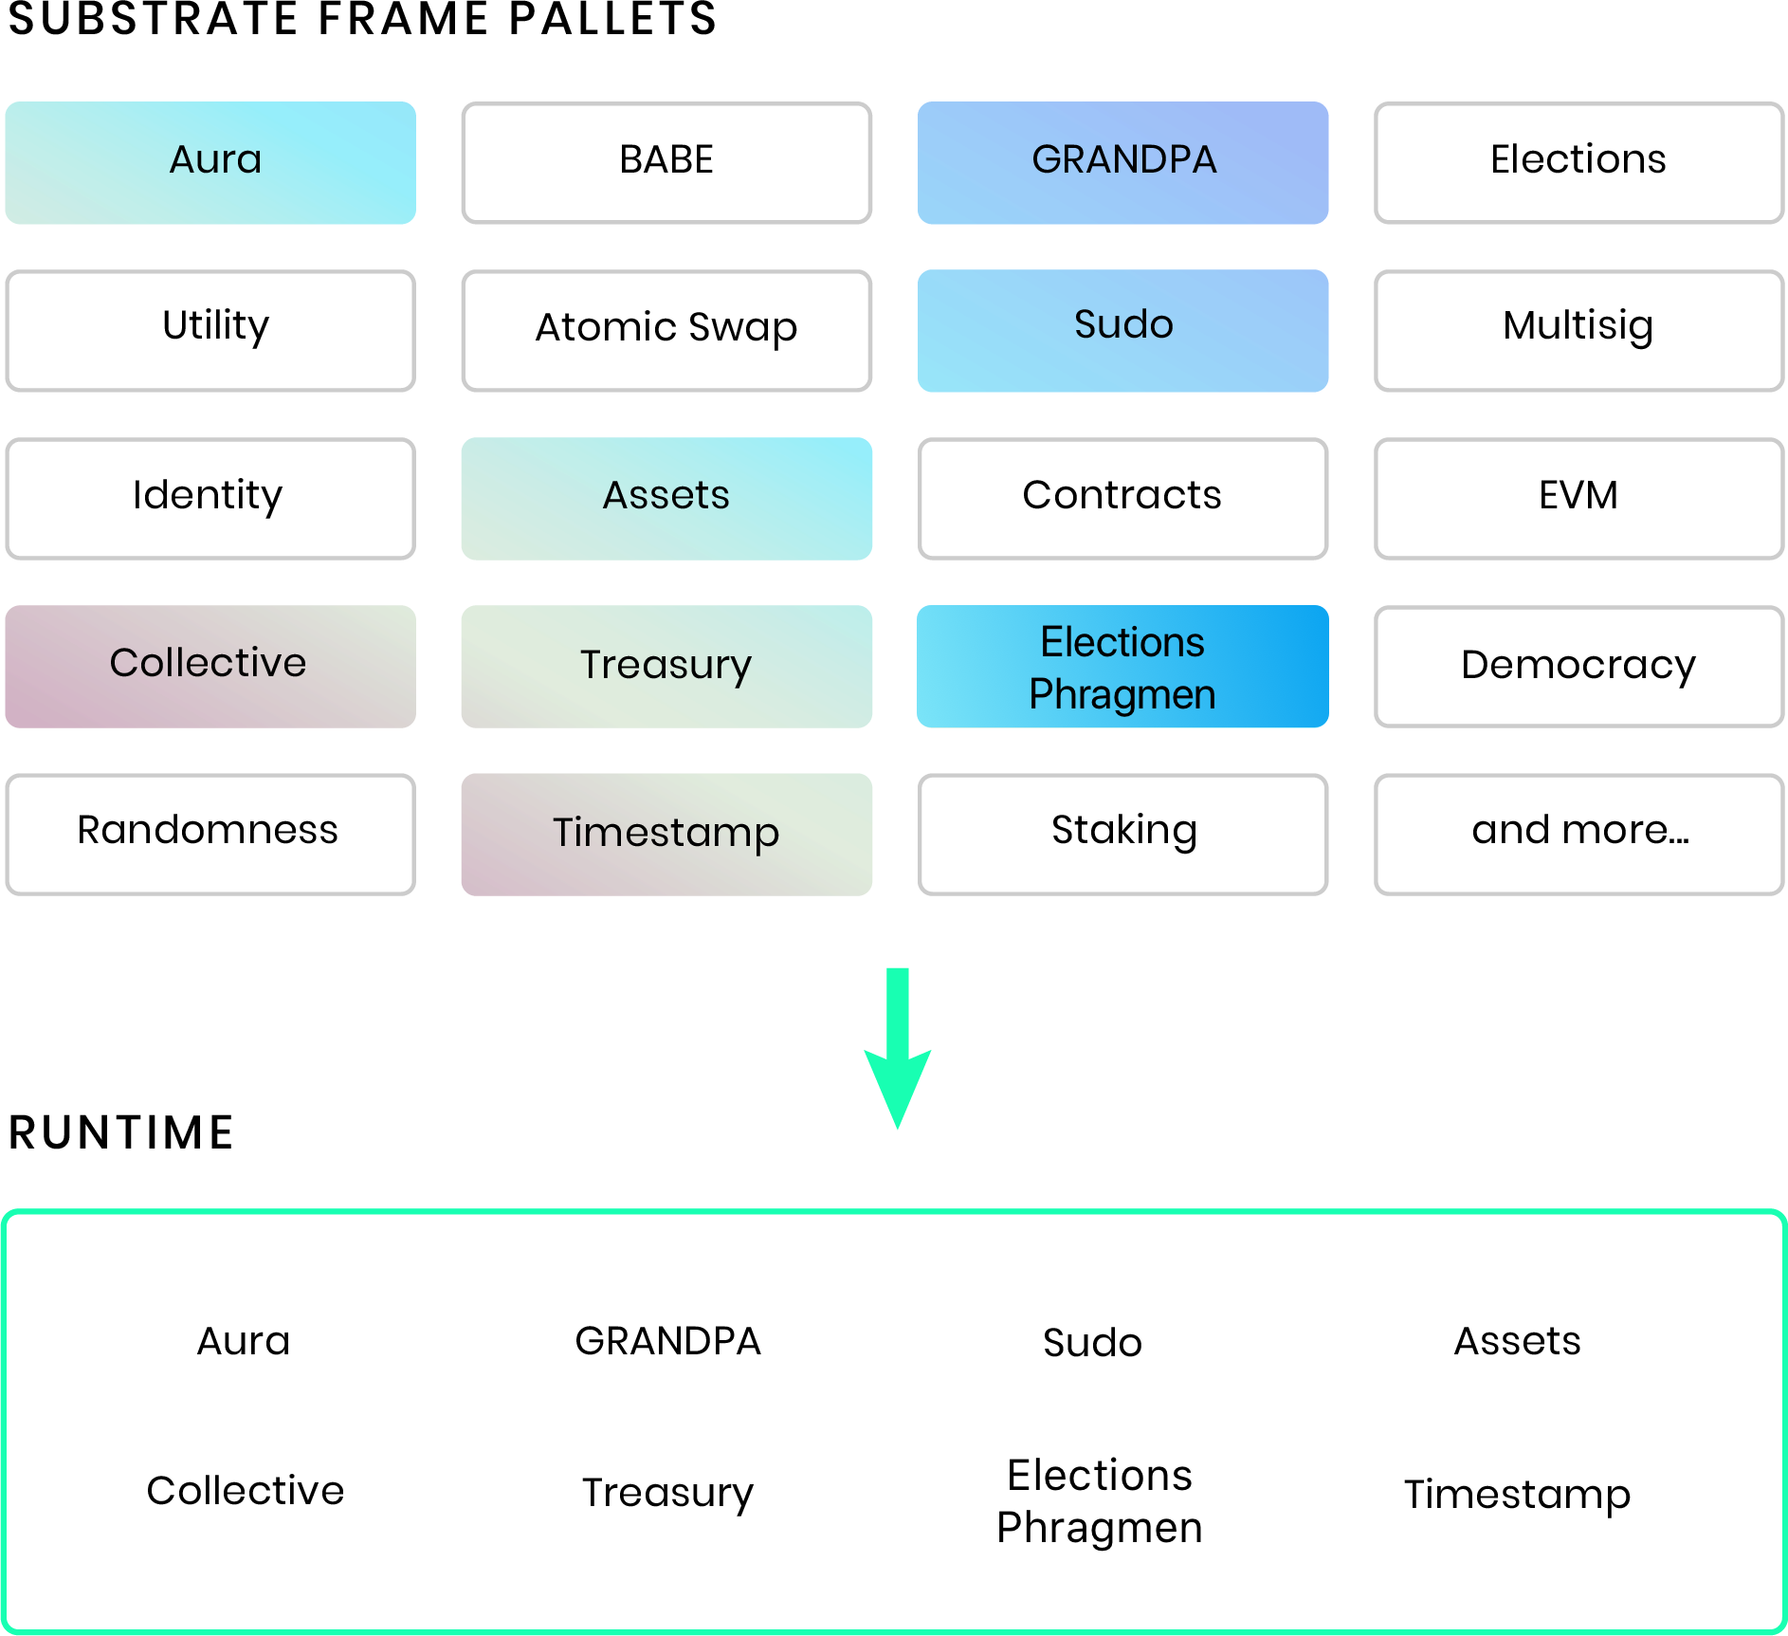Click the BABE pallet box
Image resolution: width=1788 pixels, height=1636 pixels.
(666, 162)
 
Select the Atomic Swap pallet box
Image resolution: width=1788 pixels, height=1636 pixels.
(666, 330)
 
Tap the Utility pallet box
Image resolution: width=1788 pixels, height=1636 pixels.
(210, 330)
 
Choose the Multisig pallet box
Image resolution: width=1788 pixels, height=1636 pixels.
(1578, 330)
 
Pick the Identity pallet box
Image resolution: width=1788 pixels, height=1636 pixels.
(210, 498)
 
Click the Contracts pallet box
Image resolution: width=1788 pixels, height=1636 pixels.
(1122, 498)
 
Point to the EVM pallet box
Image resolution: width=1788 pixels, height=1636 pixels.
(1578, 498)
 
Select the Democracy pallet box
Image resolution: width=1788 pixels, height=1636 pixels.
(1578, 666)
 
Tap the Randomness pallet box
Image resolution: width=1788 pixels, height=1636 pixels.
(210, 834)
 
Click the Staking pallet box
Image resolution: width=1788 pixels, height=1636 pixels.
(1122, 834)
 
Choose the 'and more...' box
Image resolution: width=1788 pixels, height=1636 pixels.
(1578, 834)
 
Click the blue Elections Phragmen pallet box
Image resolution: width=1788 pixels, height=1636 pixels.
(1122, 666)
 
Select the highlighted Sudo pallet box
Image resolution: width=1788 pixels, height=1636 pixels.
(1122, 330)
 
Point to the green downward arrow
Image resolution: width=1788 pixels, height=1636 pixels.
(898, 1048)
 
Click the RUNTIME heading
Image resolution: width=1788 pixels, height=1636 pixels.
(121, 1132)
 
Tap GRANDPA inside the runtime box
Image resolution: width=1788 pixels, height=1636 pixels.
(668, 1341)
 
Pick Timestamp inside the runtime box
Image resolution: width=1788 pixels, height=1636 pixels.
(1517, 1495)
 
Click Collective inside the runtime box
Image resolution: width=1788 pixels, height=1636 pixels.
(245, 1490)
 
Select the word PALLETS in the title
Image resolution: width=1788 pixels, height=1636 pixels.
(612, 19)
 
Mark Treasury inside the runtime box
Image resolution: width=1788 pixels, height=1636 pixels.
(668, 1493)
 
